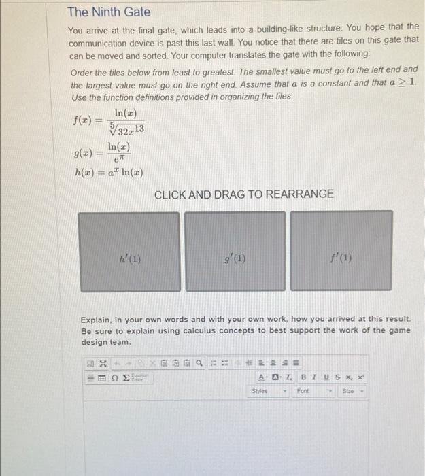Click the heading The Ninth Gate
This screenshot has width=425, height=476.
(109, 12)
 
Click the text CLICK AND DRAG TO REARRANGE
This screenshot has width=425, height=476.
(244, 194)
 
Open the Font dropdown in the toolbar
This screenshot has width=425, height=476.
(312, 392)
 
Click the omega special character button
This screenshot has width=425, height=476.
(115, 379)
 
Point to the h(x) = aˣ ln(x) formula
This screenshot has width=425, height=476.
(109, 171)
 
